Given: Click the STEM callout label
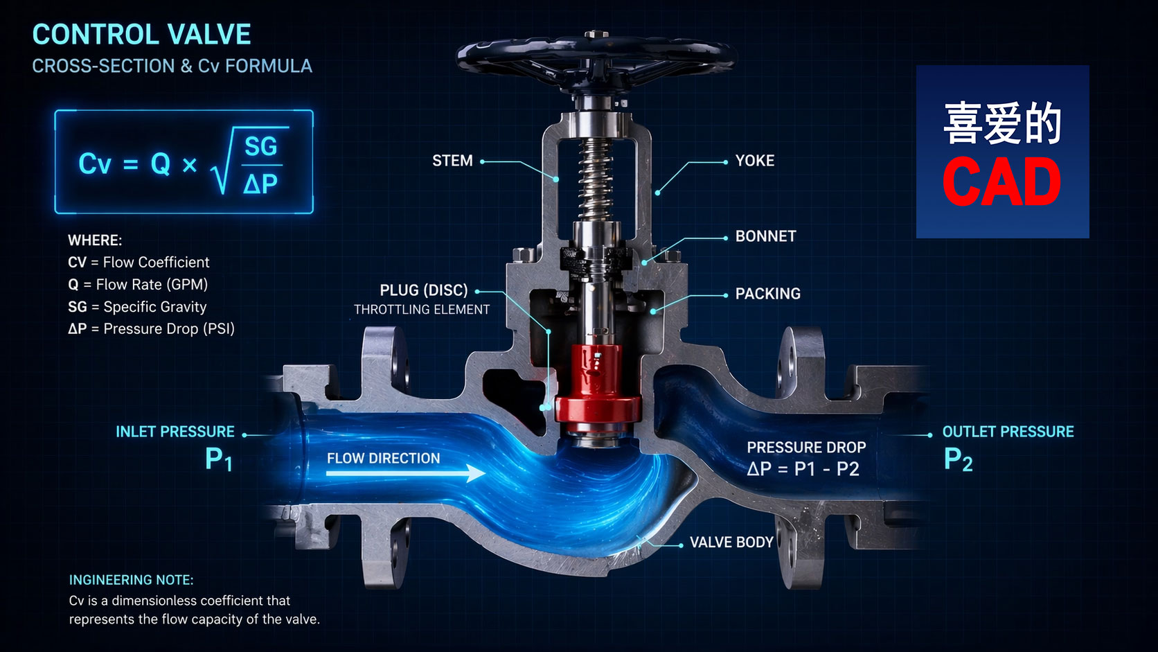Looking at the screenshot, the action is coord(452,161).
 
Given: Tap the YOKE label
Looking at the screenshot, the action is coord(755,161).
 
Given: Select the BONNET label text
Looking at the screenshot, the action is coord(765,236).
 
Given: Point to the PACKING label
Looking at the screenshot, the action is coord(767,294).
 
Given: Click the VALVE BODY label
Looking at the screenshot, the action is coord(731,543).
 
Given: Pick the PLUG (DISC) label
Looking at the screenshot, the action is coord(424,290).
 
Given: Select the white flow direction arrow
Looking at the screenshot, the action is coord(406,473).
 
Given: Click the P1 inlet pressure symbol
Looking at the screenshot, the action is coord(219,459).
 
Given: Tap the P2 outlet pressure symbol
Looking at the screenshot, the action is coord(958,459).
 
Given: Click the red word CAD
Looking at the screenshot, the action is coord(1001,182).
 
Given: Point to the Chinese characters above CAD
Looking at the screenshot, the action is coord(1002,123).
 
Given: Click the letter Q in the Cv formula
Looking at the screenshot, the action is coord(160,164).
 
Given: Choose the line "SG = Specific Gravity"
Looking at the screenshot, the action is coord(137,307).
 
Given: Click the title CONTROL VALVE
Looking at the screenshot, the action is coord(141,35).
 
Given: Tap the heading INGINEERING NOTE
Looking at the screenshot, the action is coord(132,580).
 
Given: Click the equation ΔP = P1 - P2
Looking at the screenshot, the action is coord(803,469).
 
